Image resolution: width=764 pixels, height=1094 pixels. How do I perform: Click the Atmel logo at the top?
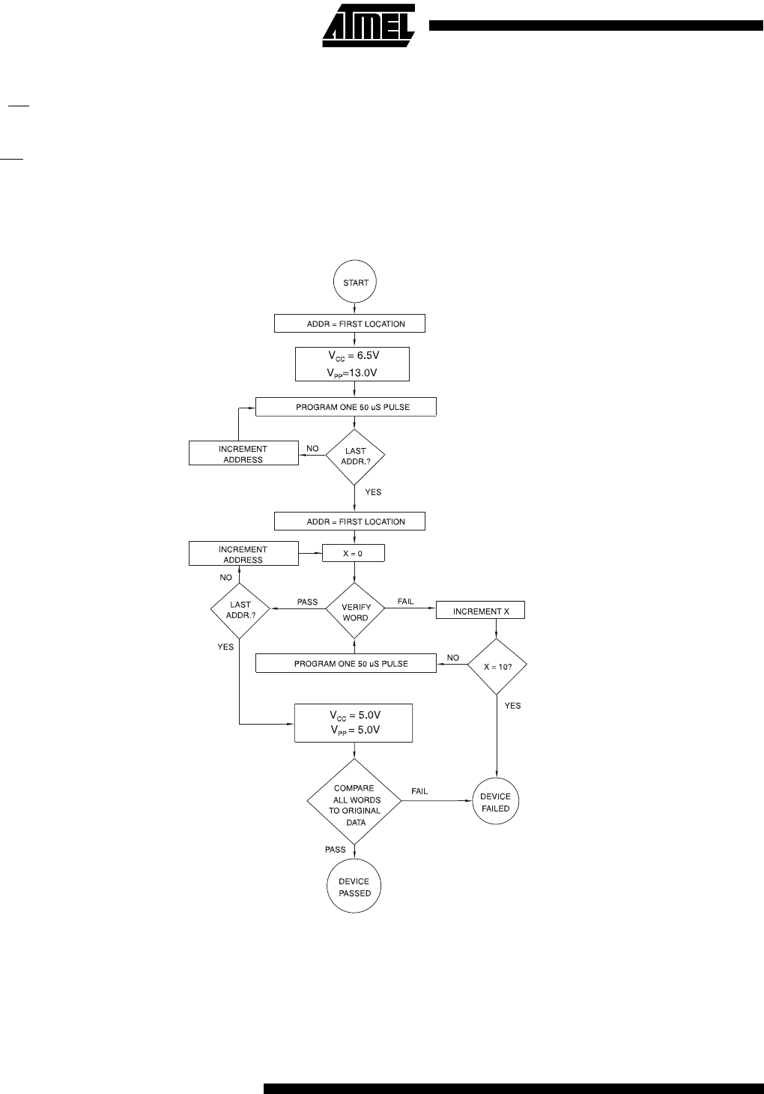(369, 25)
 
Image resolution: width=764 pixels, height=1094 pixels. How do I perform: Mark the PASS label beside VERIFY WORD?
(308, 602)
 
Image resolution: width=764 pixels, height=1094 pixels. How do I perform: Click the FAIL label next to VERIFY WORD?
(406, 601)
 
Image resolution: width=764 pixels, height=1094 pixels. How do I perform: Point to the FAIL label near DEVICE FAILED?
(419, 791)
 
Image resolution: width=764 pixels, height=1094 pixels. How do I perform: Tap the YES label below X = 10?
(512, 706)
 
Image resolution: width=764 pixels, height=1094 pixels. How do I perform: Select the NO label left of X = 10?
(453, 658)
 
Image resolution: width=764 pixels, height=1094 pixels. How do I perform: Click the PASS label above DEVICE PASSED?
(336, 850)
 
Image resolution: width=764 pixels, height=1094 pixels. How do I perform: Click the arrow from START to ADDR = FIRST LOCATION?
(354, 309)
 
